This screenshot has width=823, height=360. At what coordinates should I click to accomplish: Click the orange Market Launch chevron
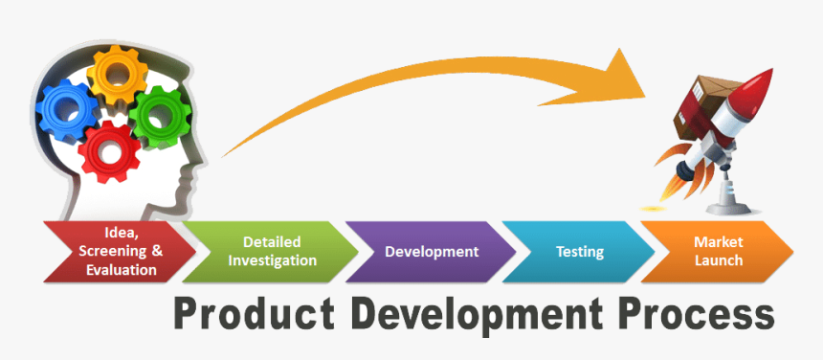point(719,252)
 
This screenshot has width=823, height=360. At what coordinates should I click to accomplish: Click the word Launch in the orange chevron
point(719,261)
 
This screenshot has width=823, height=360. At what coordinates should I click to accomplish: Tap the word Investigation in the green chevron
point(272,261)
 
